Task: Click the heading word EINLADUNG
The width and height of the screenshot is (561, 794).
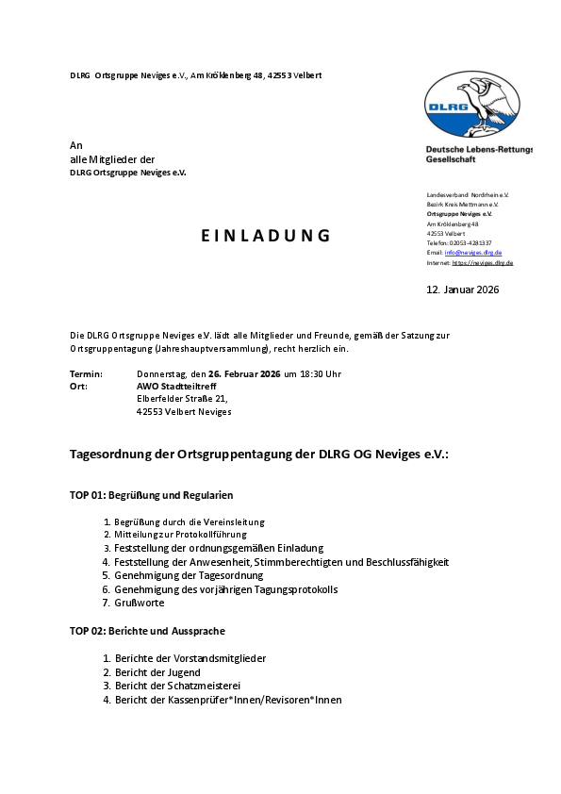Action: (x=266, y=236)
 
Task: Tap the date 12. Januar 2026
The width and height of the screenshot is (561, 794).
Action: (x=463, y=289)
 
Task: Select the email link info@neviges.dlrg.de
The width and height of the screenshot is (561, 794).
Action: (x=473, y=253)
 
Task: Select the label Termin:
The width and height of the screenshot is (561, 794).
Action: (x=86, y=374)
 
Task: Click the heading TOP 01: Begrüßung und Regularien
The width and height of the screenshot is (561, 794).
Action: (x=151, y=495)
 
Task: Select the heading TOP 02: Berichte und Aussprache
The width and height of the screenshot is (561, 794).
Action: (x=147, y=630)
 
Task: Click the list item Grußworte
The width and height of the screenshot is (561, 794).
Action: (x=140, y=603)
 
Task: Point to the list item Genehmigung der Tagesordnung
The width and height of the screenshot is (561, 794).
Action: (x=190, y=575)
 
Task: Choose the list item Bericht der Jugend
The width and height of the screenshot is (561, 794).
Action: (x=157, y=672)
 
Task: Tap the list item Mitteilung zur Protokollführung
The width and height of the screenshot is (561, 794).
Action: (x=180, y=535)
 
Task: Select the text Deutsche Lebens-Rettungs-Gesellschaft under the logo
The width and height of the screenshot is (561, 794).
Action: (x=478, y=155)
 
